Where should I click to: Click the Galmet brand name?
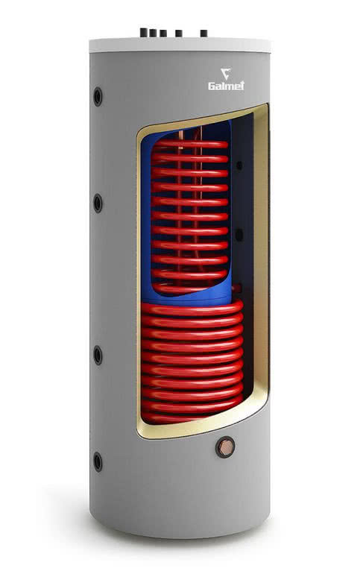tap(226, 86)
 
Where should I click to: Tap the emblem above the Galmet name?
tap(226, 73)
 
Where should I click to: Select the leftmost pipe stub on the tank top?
tap(144, 32)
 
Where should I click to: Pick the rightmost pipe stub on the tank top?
tap(203, 34)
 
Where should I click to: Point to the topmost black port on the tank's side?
tap(98, 97)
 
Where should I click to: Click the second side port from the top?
tap(98, 204)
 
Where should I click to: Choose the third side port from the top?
tap(98, 355)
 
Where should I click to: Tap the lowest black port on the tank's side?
tap(98, 461)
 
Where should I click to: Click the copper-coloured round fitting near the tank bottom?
tap(225, 447)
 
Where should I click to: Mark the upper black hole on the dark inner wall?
tap(239, 165)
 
